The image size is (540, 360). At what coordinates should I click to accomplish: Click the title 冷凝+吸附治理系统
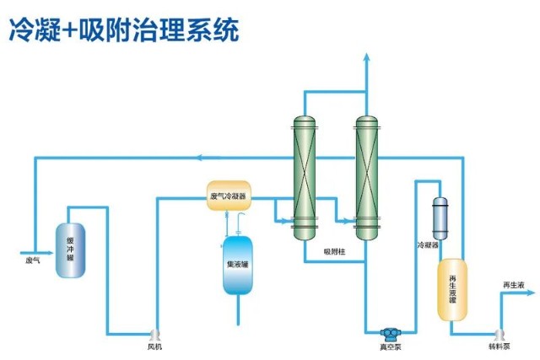point(124,31)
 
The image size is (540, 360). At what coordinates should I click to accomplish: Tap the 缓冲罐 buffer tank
point(70,250)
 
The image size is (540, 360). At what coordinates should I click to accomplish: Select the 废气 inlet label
point(33,261)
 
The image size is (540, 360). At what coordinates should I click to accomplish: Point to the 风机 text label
point(154,347)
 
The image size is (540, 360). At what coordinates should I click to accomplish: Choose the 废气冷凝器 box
point(227,197)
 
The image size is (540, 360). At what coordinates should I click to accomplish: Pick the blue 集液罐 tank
point(237,266)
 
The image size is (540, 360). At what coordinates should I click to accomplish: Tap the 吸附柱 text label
point(334,250)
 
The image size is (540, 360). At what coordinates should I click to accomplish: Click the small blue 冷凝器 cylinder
point(440,218)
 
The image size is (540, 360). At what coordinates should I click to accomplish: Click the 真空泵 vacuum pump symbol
point(390,333)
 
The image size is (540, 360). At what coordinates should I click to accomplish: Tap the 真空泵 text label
point(389,347)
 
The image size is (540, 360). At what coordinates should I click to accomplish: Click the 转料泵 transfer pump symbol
point(499,333)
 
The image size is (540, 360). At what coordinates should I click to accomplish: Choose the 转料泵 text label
point(499,347)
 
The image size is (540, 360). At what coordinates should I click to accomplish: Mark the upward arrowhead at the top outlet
point(365,56)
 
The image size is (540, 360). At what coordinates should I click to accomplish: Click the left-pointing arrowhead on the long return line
point(199,156)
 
